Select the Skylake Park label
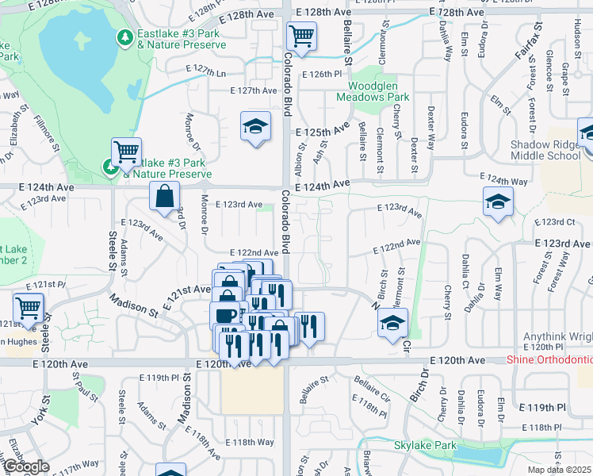[425, 446]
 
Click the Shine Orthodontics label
[549, 360]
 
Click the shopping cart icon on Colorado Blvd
[301, 36]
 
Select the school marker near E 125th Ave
[255, 126]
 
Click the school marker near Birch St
[392, 323]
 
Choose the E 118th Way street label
[250, 442]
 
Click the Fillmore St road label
[47, 132]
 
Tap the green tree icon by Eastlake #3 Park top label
[124, 38]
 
